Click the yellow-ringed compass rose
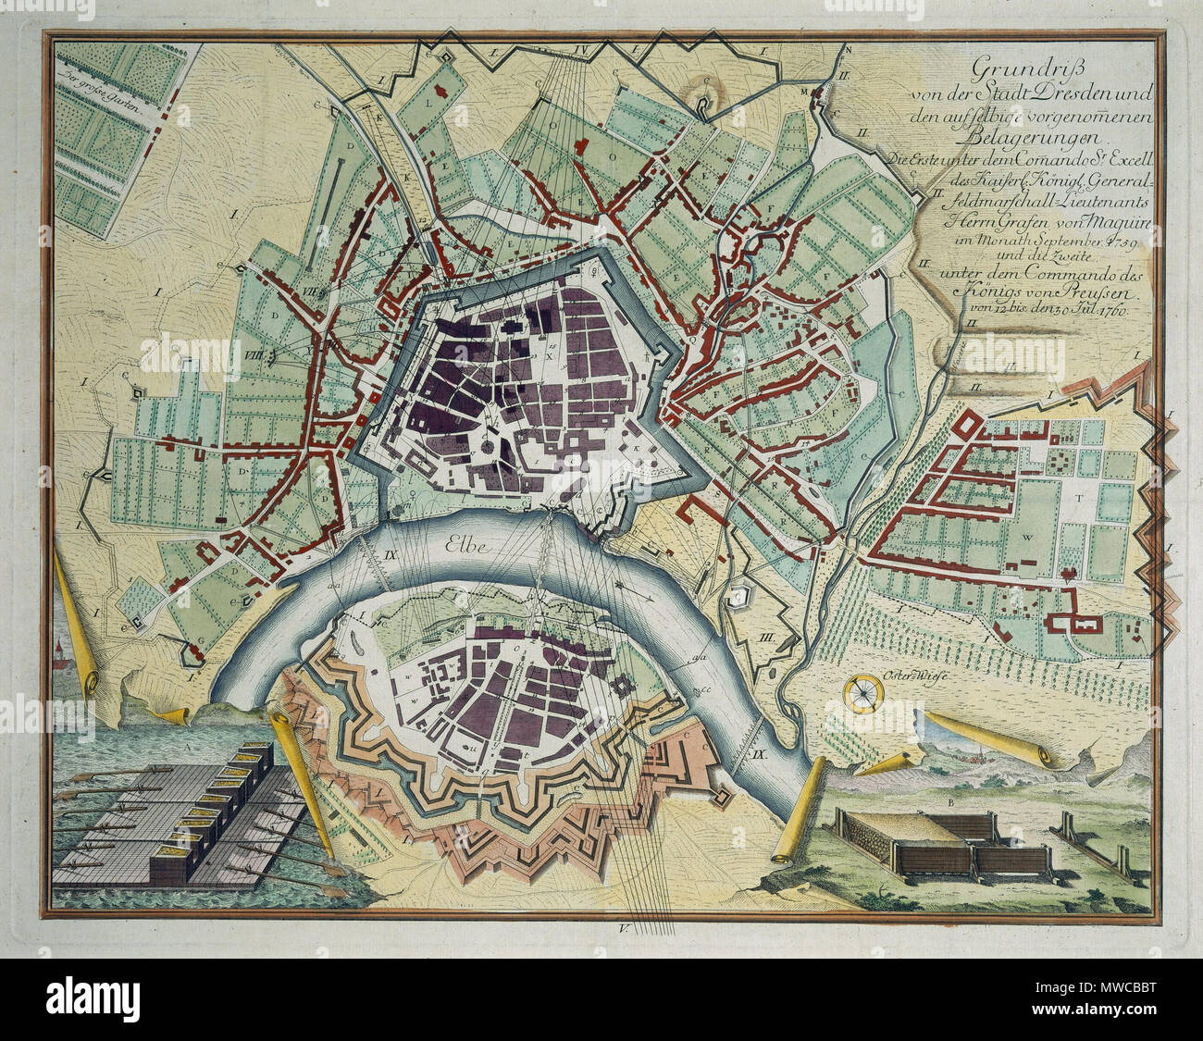[862, 690]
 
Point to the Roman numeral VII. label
[310, 291]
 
